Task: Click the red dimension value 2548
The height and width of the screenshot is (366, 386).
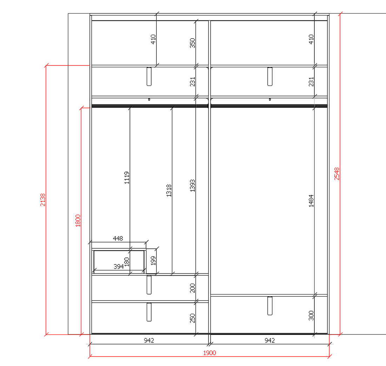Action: pos(337,174)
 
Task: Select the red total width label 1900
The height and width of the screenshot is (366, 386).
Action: pos(209,353)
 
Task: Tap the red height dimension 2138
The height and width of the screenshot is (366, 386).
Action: pos(42,200)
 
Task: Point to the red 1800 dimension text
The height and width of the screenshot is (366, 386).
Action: pos(78,221)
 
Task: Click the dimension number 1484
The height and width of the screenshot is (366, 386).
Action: pos(311,201)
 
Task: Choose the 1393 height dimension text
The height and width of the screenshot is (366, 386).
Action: pos(193,186)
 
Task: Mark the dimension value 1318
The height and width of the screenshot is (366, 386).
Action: pos(169,191)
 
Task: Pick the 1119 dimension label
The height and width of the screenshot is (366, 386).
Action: pos(127,178)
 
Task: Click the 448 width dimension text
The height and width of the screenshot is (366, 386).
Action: pos(118,238)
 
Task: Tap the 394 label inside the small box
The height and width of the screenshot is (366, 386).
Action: pos(119,267)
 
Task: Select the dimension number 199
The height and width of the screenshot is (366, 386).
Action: pos(153,261)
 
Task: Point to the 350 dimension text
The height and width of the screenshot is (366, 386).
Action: pos(193,43)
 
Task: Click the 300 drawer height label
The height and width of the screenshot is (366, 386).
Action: pos(311,316)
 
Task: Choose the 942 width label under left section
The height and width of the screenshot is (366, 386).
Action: pos(149,340)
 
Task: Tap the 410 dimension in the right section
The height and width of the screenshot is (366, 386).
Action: pos(311,39)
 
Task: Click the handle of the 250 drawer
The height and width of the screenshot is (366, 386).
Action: pos(149,312)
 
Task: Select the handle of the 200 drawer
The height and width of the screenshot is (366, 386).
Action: pos(149,285)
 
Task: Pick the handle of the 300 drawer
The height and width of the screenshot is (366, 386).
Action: pos(270,306)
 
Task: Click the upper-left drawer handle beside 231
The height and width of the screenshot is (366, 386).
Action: pos(149,76)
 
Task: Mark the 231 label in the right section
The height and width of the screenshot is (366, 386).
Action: pos(311,82)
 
